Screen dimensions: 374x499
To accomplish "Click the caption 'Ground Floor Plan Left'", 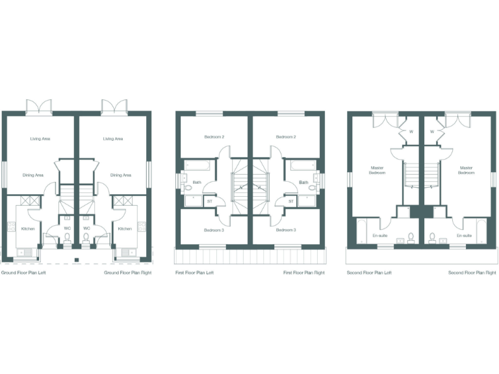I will tap(23, 273).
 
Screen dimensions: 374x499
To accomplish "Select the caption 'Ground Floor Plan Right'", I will tap(128, 273).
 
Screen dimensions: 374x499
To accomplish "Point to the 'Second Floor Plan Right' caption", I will tap(472, 273).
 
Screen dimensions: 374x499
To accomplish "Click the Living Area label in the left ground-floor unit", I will tap(41, 138).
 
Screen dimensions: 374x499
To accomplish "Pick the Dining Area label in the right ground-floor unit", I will tap(121, 175).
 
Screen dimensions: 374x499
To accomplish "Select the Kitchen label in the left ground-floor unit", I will tap(28, 229).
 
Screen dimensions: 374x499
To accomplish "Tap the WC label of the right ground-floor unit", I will tap(86, 229).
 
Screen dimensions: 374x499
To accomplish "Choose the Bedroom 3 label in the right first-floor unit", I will tap(286, 230).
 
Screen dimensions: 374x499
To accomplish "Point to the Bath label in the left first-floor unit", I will tap(197, 182).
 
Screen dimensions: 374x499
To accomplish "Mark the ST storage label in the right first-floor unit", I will tap(291, 201).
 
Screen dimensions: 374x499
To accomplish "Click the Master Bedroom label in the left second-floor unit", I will tap(377, 170).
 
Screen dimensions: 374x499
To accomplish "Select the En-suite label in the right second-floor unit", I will tap(463, 236).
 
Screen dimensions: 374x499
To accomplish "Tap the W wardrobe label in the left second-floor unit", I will tap(411, 132).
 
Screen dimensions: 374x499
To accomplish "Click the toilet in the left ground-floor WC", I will tap(68, 238).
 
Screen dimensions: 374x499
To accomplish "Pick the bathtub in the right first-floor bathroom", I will tap(303, 166).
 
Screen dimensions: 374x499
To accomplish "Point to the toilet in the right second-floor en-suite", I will tap(432, 236).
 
